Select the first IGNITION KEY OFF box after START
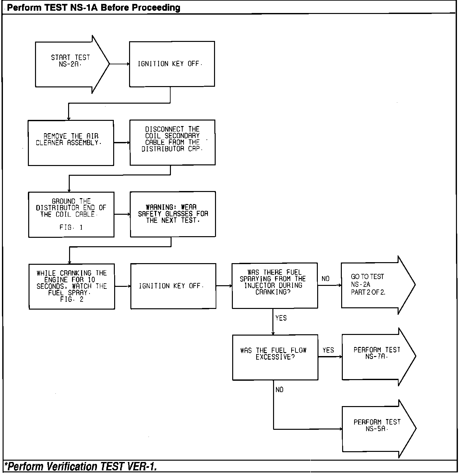[x=172, y=64]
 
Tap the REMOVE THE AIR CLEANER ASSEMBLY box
[x=71, y=143]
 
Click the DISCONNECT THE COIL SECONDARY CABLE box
[x=172, y=142]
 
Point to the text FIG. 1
[x=71, y=227]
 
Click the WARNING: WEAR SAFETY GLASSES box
[x=173, y=214]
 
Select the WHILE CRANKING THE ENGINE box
[x=72, y=286]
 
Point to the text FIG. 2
[x=72, y=300]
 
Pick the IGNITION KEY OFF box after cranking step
[x=173, y=286]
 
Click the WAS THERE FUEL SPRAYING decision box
[x=274, y=285]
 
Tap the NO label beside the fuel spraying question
[x=325, y=279]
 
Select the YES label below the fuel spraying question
[x=281, y=318]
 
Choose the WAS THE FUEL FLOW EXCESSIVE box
[x=275, y=357]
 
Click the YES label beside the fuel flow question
[x=328, y=350]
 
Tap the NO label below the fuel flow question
[x=279, y=390]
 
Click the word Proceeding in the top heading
[x=156, y=8]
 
